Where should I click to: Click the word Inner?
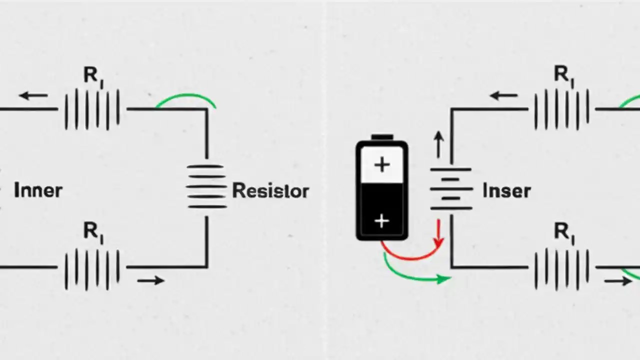click(38, 190)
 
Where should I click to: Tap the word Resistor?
click(270, 190)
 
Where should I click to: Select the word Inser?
click(506, 190)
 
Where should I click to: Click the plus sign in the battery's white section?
click(382, 165)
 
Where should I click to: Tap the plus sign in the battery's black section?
click(382, 220)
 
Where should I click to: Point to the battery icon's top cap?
click(382, 137)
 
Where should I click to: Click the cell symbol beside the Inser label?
click(451, 188)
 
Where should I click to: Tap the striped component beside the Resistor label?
click(206, 186)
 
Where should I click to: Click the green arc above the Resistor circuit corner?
click(186, 99)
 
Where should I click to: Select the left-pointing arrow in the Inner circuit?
click(34, 95)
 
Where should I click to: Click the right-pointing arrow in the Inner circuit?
click(150, 280)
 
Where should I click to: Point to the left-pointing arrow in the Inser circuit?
click(504, 95)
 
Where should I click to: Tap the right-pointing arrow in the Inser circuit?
click(618, 281)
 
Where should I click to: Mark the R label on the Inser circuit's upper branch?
click(563, 75)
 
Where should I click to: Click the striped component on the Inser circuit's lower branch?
click(561, 268)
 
